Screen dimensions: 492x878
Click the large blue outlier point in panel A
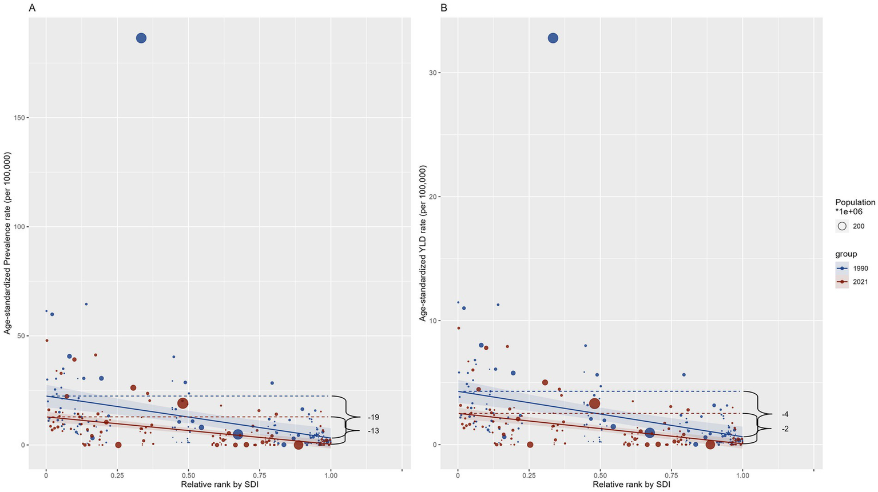[141, 38]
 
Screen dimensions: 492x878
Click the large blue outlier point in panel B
[553, 38]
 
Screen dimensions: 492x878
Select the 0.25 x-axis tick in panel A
[117, 475]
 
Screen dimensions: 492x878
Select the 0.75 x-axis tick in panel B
[671, 475]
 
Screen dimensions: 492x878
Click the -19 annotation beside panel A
[374, 417]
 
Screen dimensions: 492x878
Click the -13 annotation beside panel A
[374, 431]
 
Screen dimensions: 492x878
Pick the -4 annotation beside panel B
[785, 414]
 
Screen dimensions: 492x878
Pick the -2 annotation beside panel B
[785, 429]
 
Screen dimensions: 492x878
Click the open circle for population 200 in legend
[842, 226]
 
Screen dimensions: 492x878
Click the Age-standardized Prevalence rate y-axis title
[7, 243]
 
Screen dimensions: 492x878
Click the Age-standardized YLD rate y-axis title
[423, 243]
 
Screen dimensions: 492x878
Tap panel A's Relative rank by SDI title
[220, 485]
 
